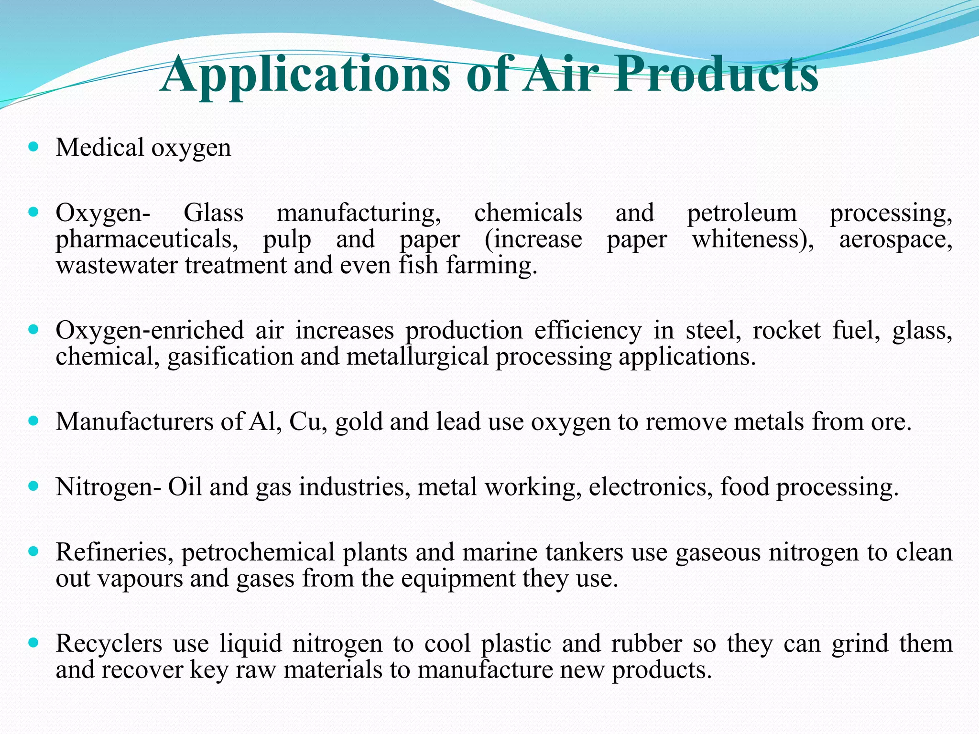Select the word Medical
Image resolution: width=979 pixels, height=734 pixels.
[99, 147]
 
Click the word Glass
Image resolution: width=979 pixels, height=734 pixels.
[213, 213]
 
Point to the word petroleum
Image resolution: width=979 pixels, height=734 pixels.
[741, 214]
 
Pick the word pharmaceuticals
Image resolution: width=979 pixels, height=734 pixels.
[146, 239]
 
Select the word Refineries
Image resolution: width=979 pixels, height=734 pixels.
[114, 552]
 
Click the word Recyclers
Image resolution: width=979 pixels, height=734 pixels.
[109, 644]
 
